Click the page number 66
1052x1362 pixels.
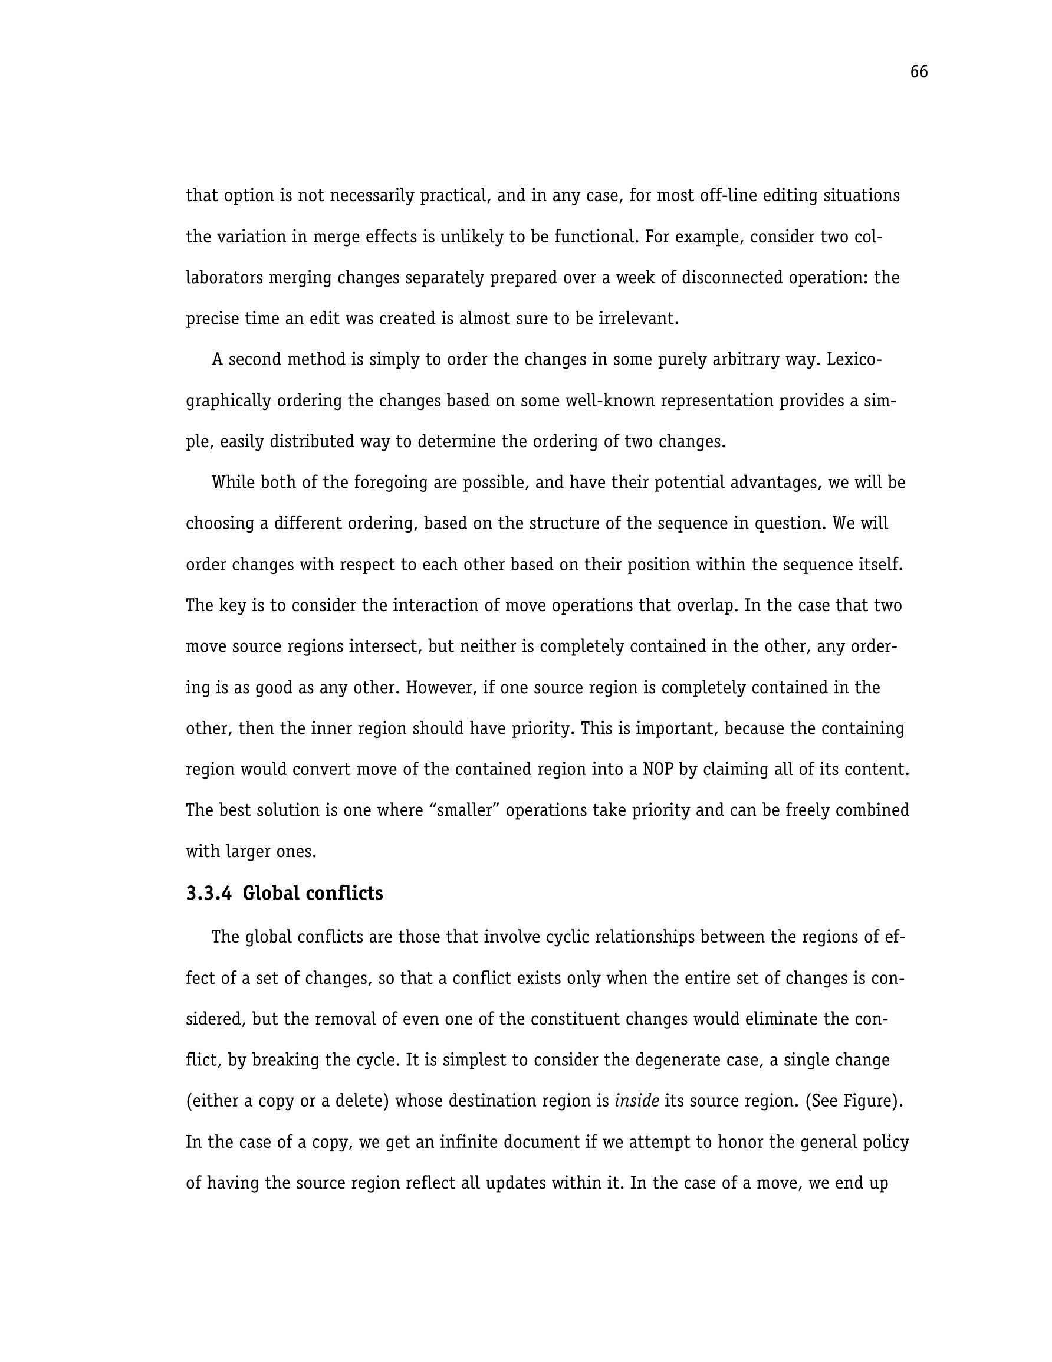pyautogui.click(x=919, y=73)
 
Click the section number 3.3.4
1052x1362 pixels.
pyautogui.click(x=208, y=894)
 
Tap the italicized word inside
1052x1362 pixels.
pyautogui.click(x=637, y=1101)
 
